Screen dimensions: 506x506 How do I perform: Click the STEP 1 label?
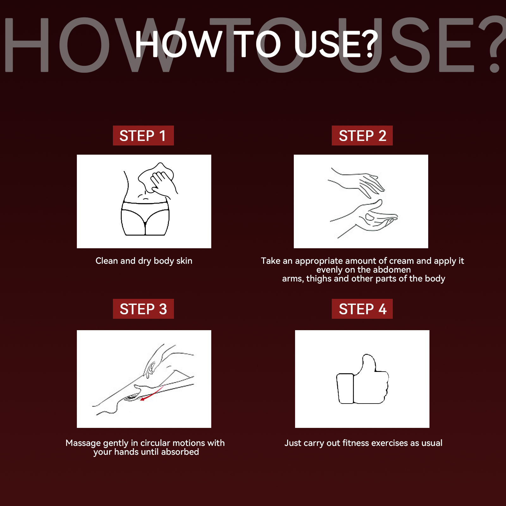pos(143,136)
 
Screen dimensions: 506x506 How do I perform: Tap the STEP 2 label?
pos(362,136)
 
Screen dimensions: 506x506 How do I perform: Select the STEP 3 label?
pos(143,309)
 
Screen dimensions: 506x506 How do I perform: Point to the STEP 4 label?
pos(362,309)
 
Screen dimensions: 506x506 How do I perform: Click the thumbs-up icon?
pos(362,379)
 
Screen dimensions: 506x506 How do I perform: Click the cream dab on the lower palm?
pos(370,217)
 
